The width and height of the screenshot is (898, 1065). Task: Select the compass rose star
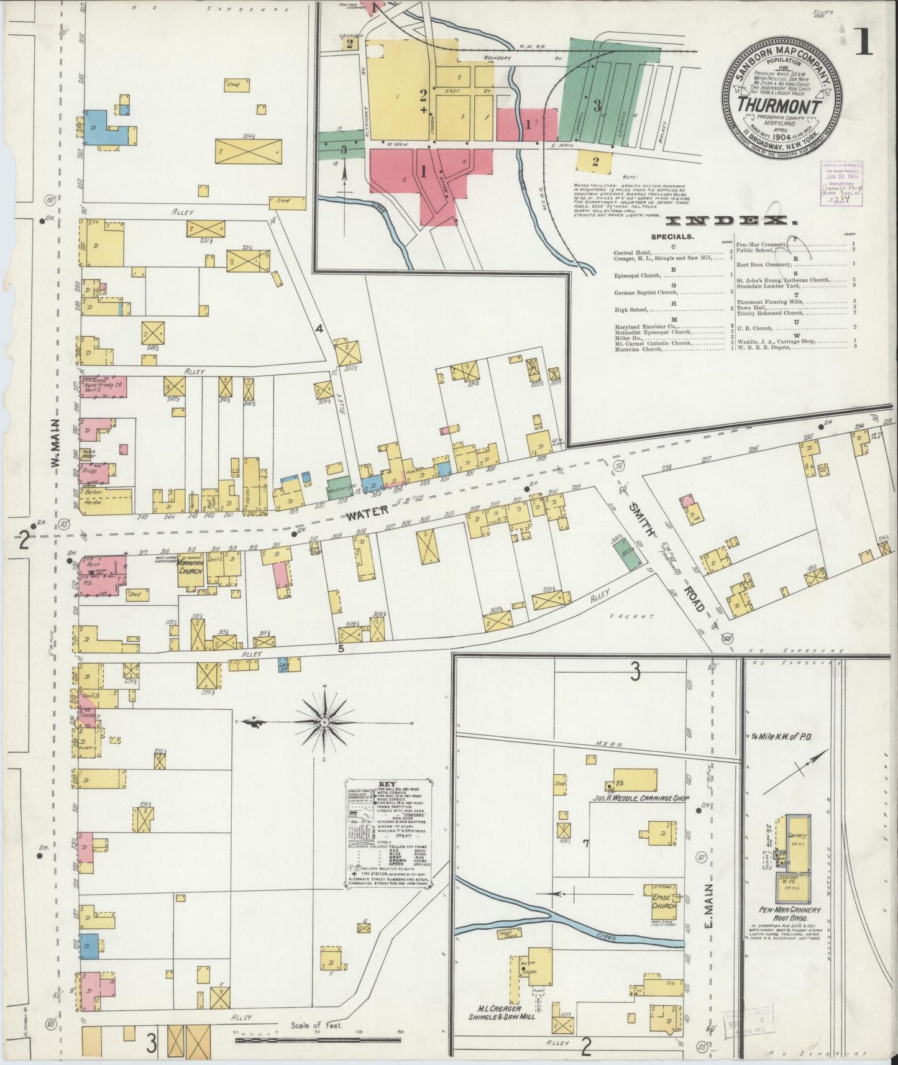(324, 722)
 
